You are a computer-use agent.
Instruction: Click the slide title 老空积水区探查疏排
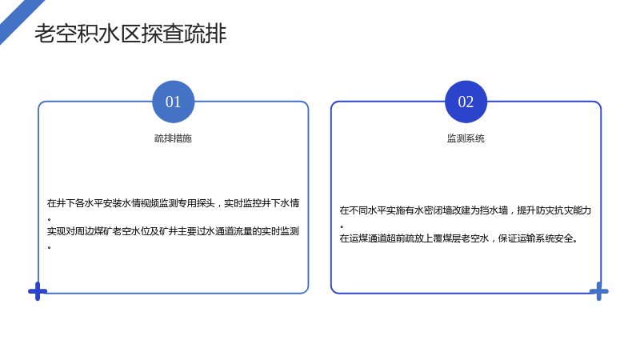point(130,34)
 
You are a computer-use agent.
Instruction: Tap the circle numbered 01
point(174,102)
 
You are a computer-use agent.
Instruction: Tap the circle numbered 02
point(466,102)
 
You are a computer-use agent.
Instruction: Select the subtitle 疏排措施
point(173,138)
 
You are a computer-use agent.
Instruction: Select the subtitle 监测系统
point(466,138)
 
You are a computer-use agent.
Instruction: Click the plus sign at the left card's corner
point(38,291)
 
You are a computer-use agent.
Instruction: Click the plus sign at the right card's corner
point(598,291)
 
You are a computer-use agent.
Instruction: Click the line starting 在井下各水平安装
point(173,203)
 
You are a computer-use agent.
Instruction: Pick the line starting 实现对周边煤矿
point(173,231)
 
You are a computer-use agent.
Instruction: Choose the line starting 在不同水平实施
point(466,210)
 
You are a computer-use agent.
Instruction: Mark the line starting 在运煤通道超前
point(458,238)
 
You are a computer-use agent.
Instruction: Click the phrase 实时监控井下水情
point(262,203)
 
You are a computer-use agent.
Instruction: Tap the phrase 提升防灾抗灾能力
point(554,210)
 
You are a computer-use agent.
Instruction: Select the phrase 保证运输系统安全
point(536,238)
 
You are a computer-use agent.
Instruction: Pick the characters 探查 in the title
point(162,34)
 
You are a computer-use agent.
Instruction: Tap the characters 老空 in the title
point(55,34)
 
